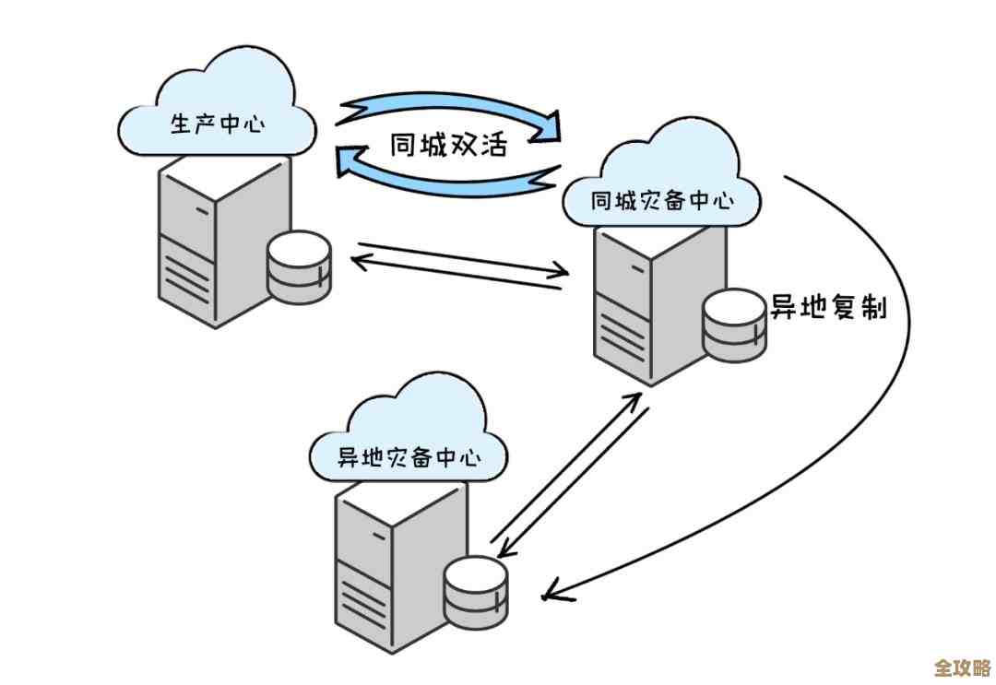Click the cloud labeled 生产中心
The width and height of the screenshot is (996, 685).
click(217, 111)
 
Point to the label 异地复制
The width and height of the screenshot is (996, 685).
click(828, 307)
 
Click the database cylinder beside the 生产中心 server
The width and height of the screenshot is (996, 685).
click(298, 268)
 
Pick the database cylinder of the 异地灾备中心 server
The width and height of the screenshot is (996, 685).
click(475, 589)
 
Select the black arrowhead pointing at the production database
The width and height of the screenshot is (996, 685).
click(359, 263)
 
